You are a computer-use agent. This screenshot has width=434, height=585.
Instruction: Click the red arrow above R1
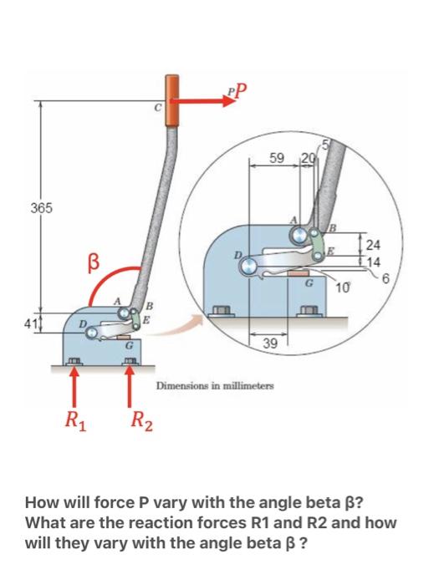pos(75,384)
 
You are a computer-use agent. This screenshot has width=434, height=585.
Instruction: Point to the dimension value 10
pos(342,288)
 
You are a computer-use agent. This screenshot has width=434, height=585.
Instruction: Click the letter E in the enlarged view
pos(332,250)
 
